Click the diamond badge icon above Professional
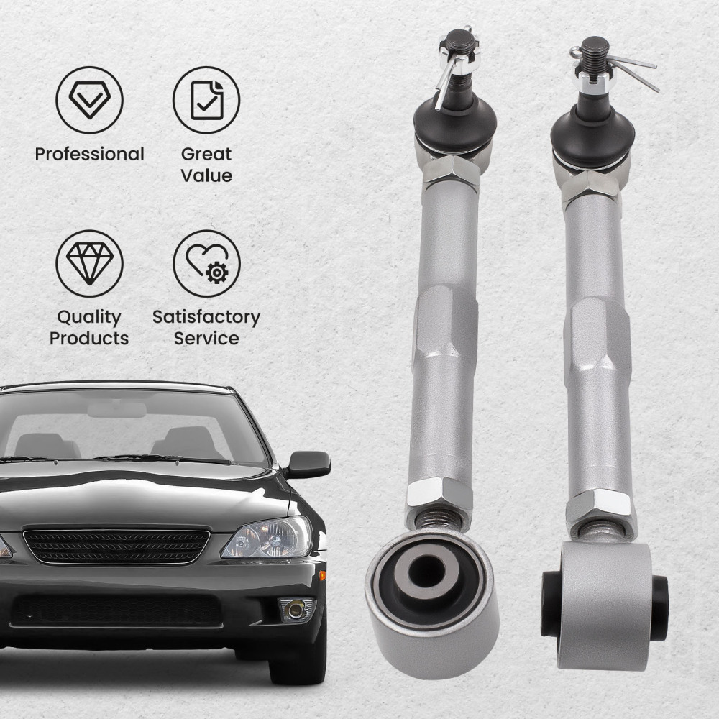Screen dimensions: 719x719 pos(89,100)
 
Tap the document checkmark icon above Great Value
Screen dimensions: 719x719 pos(206,100)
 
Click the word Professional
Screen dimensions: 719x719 pos(89,154)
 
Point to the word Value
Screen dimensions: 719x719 pos(206,175)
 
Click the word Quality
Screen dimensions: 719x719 pos(89,317)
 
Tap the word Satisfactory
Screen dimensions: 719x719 pos(206,317)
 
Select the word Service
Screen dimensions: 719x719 pos(206,338)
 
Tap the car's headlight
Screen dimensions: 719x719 pos(267,538)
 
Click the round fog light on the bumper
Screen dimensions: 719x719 pos(295,609)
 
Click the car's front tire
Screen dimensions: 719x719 pos(291,665)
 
